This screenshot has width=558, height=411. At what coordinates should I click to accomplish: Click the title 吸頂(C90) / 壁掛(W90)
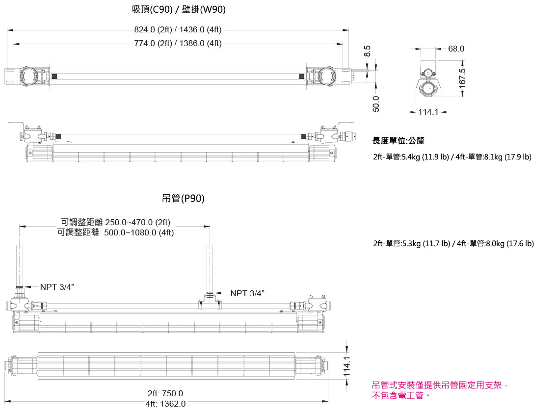tap(179, 10)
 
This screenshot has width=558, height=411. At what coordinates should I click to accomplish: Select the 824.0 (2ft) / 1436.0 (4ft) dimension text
tap(178, 30)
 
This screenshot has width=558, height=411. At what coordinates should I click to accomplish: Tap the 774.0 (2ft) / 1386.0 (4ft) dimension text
tap(178, 43)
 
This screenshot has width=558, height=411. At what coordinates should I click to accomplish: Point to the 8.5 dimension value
tap(368, 51)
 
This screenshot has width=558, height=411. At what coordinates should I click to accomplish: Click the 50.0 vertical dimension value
tap(376, 104)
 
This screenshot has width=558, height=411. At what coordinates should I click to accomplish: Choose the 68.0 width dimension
tap(456, 49)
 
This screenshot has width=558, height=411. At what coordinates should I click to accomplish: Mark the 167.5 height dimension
tap(462, 78)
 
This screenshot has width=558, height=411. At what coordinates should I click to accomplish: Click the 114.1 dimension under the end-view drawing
tap(428, 112)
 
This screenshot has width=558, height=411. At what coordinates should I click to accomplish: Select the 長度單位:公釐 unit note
tap(398, 141)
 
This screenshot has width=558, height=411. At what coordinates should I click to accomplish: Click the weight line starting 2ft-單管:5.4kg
tap(452, 157)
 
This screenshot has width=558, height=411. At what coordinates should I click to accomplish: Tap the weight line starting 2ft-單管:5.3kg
tap(453, 244)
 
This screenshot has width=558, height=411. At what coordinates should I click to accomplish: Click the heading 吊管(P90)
tap(183, 199)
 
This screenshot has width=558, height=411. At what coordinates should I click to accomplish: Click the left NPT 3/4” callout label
tap(57, 287)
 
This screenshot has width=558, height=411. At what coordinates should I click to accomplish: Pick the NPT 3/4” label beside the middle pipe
tap(247, 293)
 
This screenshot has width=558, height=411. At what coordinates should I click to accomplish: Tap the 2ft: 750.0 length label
tap(165, 393)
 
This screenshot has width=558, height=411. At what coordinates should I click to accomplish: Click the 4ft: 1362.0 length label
tap(165, 404)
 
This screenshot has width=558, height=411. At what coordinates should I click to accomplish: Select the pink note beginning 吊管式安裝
tap(440, 390)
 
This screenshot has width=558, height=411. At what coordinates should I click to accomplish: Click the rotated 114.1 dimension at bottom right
tap(347, 366)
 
